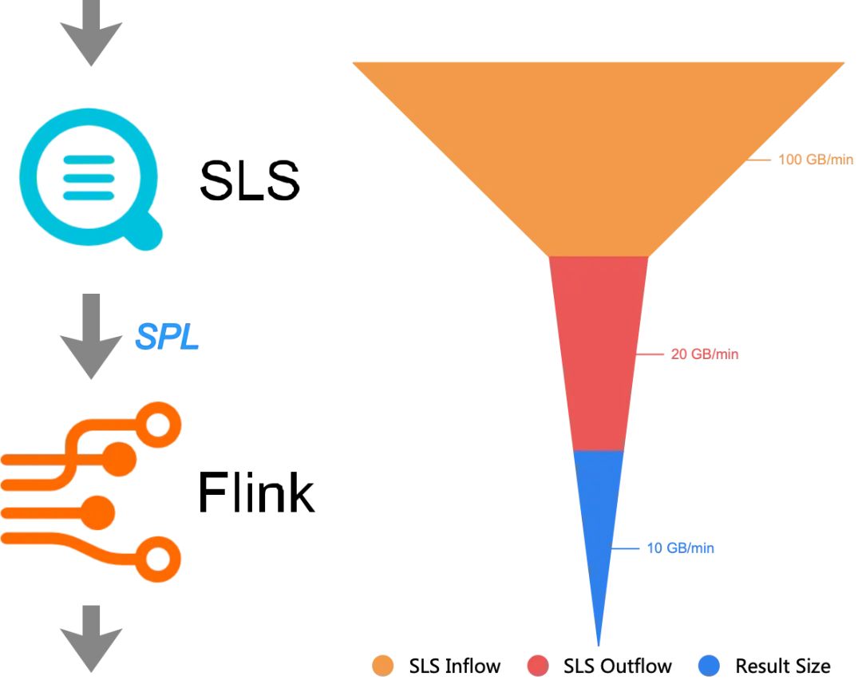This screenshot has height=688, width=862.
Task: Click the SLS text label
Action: click(x=250, y=180)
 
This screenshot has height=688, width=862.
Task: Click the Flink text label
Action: click(x=256, y=492)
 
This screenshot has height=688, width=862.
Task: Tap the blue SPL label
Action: click(x=167, y=336)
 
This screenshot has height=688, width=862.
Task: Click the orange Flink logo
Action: click(x=91, y=492)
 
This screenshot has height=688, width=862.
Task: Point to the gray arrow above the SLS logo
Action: click(x=91, y=33)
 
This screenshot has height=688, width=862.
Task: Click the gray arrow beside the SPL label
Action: click(x=91, y=336)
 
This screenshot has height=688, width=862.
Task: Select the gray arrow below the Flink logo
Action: click(x=91, y=639)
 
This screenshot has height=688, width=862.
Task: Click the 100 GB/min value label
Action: click(x=816, y=160)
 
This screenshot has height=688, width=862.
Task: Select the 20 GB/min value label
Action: click(x=705, y=354)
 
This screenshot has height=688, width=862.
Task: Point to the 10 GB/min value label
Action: click(x=681, y=548)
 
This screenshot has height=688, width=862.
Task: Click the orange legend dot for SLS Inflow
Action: click(x=382, y=666)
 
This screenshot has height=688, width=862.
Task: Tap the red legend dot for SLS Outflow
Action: click(x=538, y=666)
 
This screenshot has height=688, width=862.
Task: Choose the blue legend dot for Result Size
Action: click(x=710, y=666)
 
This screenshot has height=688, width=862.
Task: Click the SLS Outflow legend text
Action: click(x=617, y=666)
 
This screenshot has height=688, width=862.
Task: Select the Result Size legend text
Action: click(x=783, y=666)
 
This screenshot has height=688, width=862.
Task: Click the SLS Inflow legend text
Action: click(x=455, y=666)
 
